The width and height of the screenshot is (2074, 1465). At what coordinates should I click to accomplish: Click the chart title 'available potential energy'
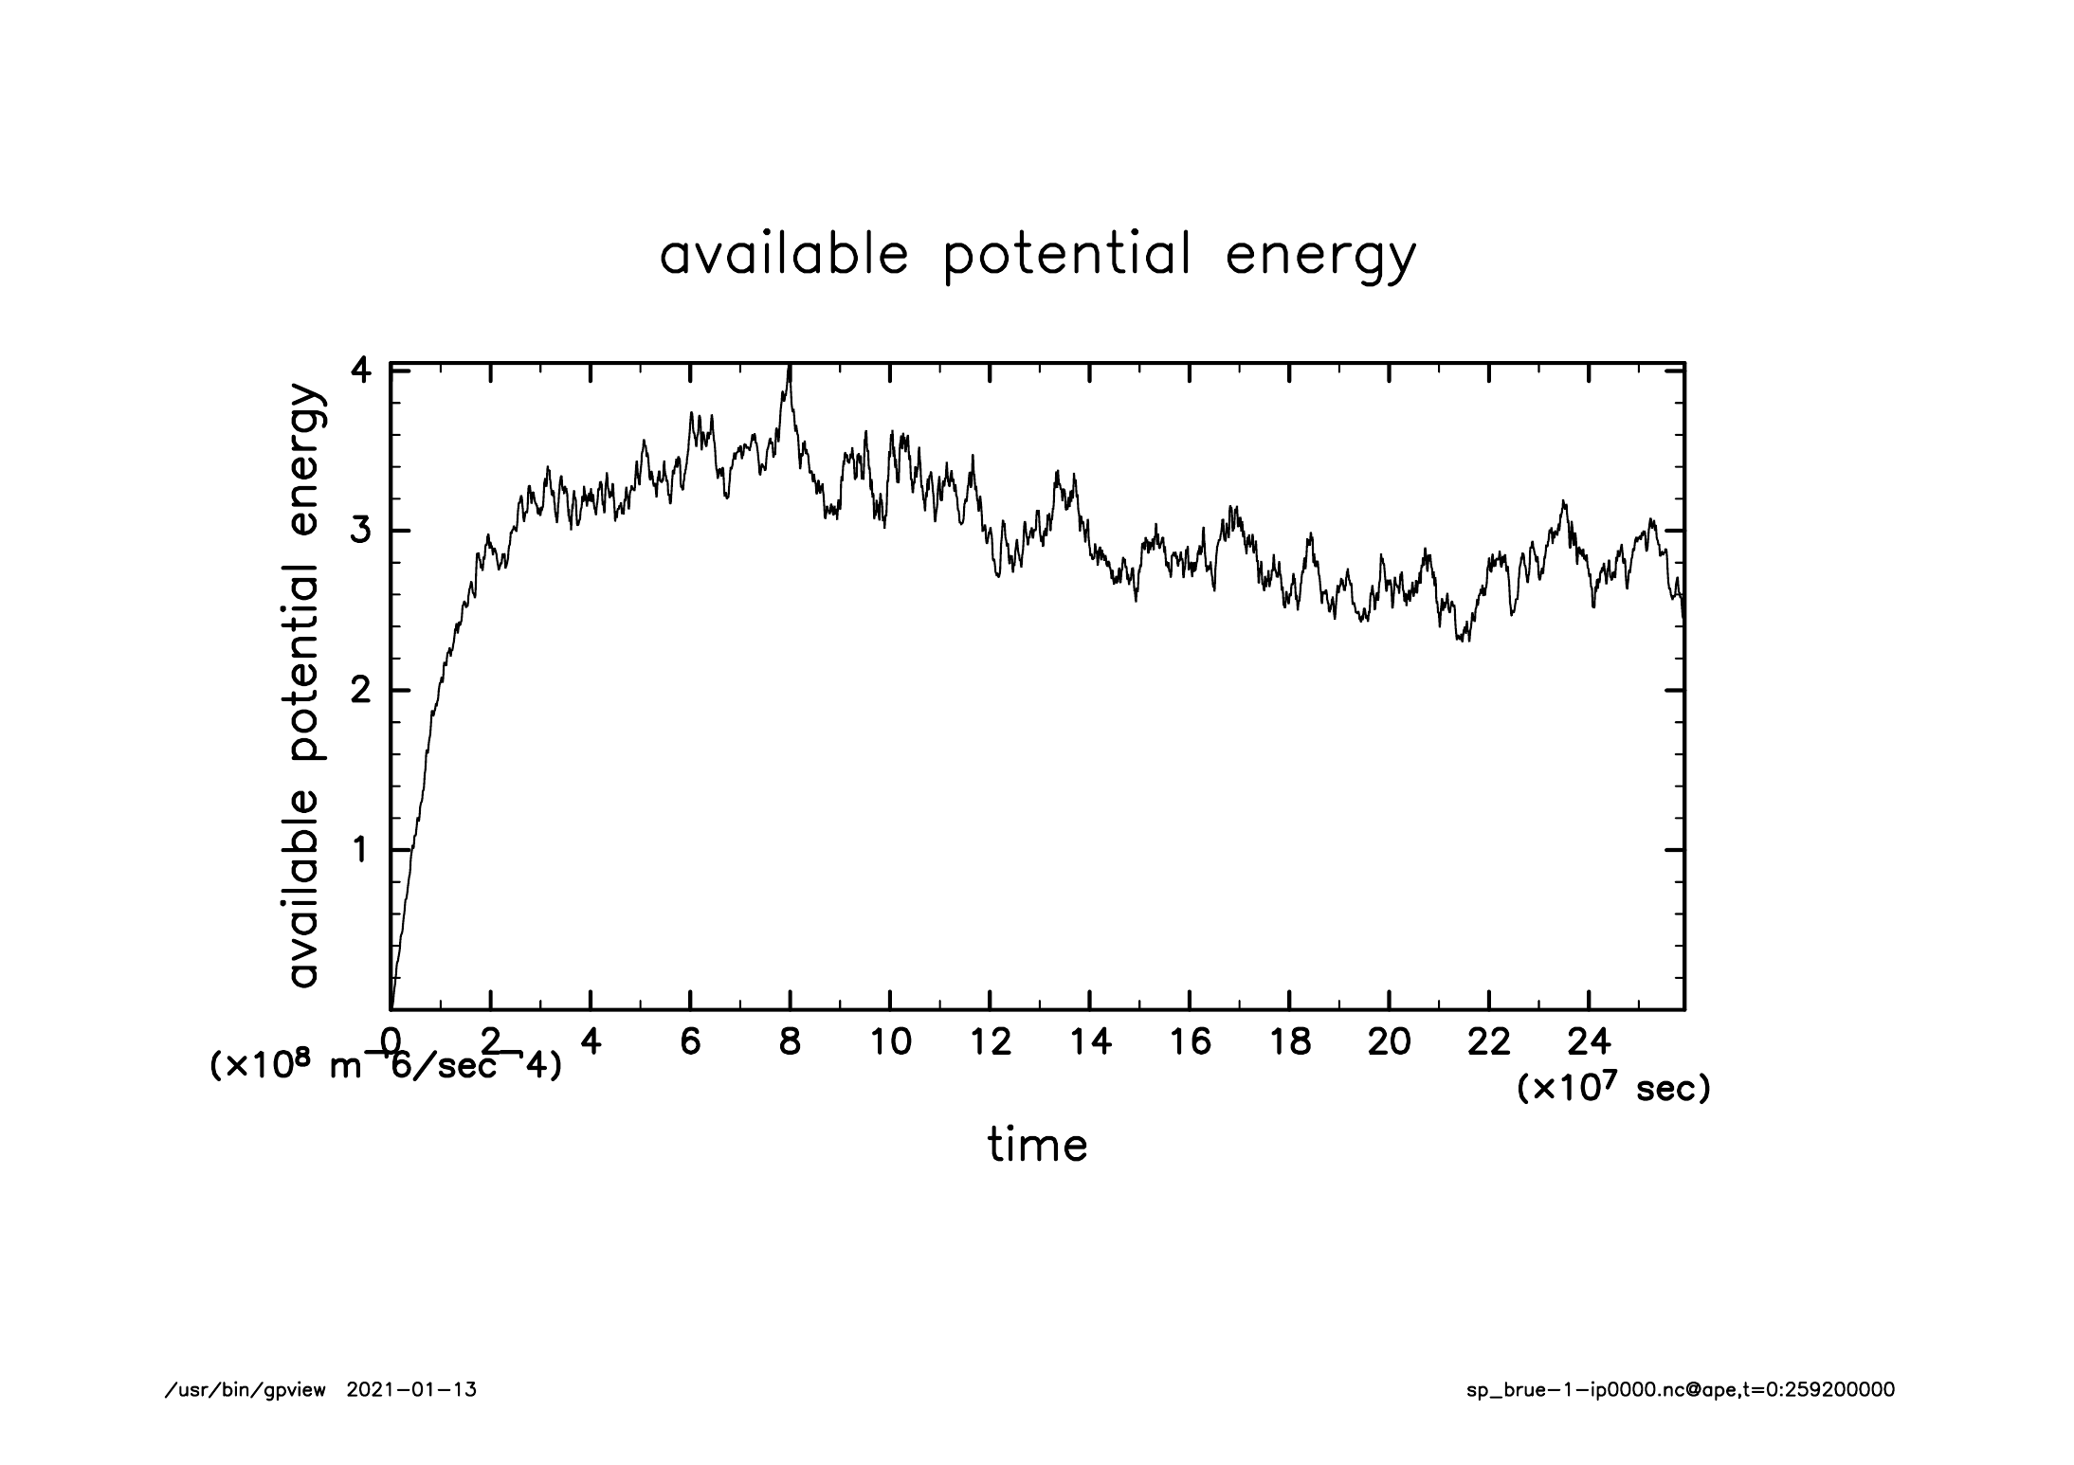pos(1037,255)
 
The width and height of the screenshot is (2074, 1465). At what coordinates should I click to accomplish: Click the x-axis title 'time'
pos(1037,1145)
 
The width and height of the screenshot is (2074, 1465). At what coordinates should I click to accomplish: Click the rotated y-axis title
pos(305,686)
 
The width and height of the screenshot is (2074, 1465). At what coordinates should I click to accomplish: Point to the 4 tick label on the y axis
pos(360,371)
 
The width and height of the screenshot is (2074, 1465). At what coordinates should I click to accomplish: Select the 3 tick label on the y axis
pos(360,531)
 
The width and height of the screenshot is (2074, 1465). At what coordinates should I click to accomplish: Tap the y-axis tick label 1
pos(360,850)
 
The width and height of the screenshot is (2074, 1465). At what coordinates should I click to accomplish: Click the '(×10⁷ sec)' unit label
pos(1613,1089)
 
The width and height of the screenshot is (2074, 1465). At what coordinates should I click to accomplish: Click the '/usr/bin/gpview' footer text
pos(246,1391)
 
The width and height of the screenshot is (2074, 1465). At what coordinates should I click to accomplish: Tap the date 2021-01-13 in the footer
pos(411,1391)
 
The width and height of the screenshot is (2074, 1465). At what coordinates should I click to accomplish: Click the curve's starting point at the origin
pos(391,1008)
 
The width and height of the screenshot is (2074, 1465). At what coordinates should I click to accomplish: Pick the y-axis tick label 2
pos(360,691)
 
